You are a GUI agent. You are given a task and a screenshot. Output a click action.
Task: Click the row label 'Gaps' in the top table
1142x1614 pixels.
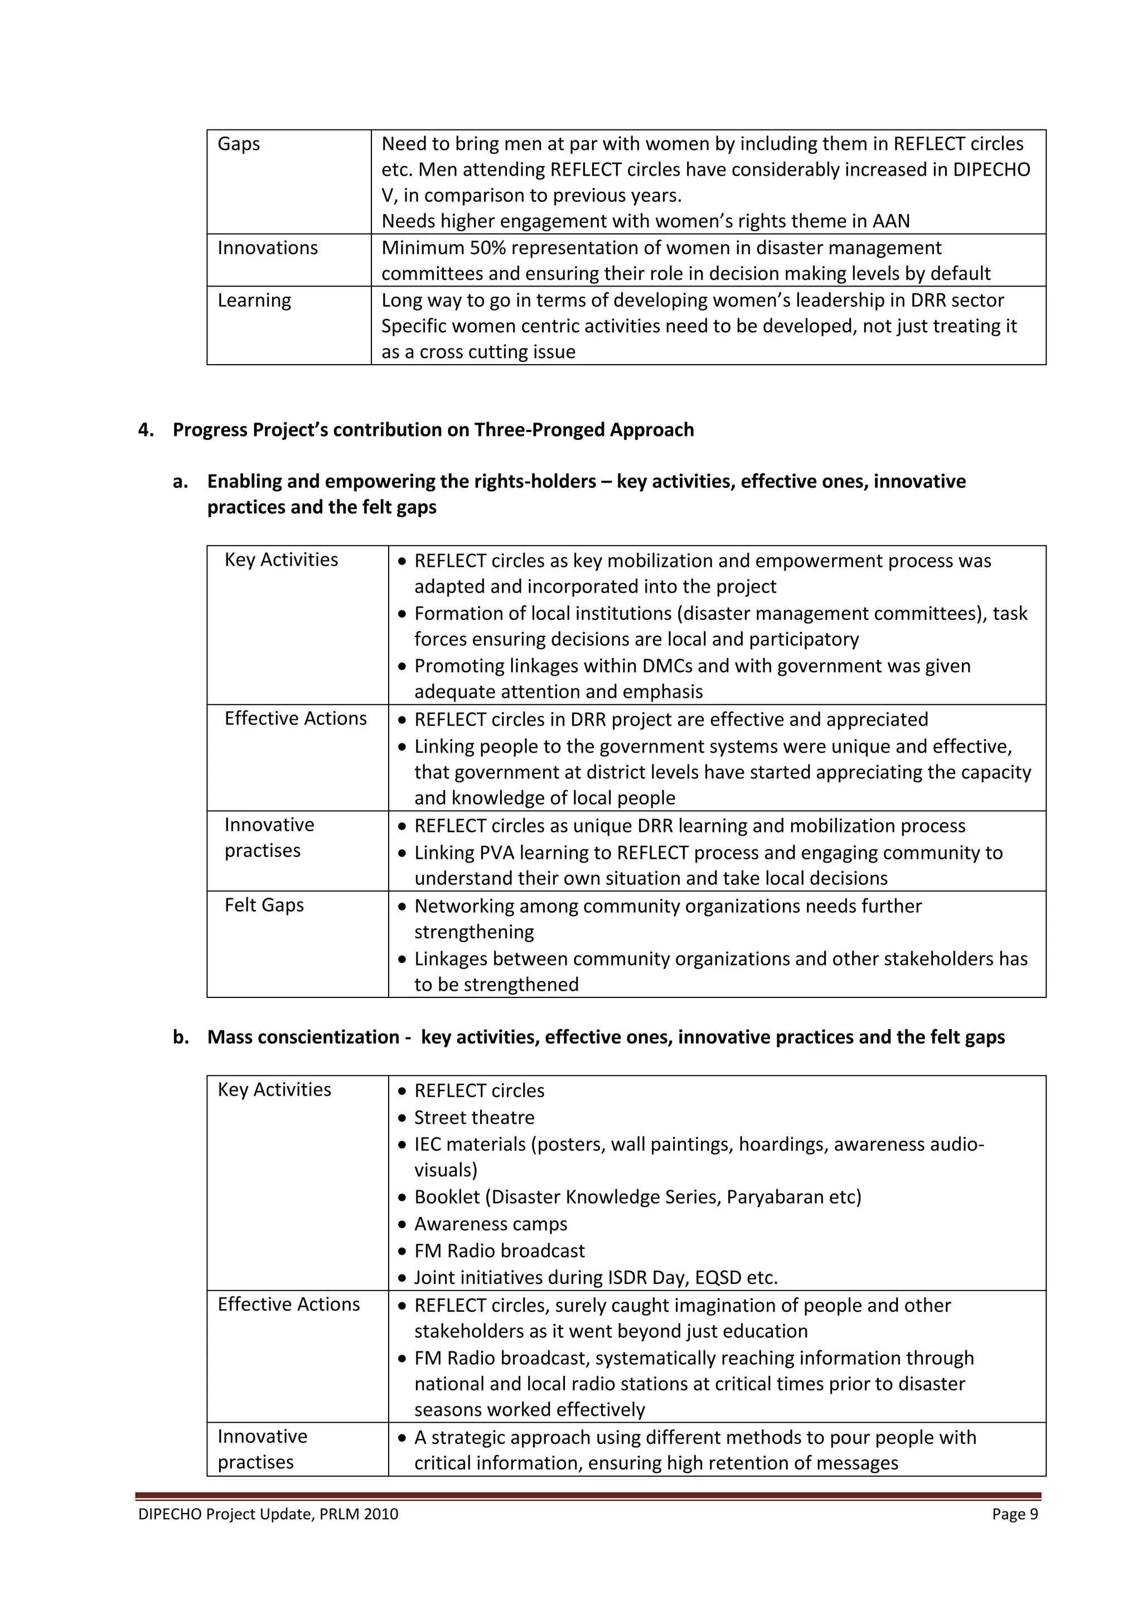(239, 144)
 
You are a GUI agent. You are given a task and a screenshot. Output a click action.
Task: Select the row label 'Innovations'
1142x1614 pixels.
(267, 248)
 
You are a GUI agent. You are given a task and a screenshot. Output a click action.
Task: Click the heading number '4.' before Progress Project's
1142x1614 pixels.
(146, 430)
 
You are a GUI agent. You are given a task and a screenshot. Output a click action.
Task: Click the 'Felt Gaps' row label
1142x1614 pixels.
(264, 905)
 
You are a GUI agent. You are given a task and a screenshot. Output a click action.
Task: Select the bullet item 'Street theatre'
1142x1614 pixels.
(474, 1118)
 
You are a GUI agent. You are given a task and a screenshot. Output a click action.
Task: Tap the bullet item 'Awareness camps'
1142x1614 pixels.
(490, 1224)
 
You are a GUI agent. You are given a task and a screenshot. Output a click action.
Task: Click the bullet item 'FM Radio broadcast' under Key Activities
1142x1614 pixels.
(499, 1251)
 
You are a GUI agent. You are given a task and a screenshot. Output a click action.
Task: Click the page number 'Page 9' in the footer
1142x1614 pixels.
(1015, 1514)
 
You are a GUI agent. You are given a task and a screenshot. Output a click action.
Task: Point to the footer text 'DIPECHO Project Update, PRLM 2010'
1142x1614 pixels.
(268, 1514)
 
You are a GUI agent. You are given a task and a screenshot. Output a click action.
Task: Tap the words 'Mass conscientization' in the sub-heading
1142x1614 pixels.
(303, 1038)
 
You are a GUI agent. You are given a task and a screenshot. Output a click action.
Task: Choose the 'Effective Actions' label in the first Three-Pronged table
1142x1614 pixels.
(296, 719)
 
